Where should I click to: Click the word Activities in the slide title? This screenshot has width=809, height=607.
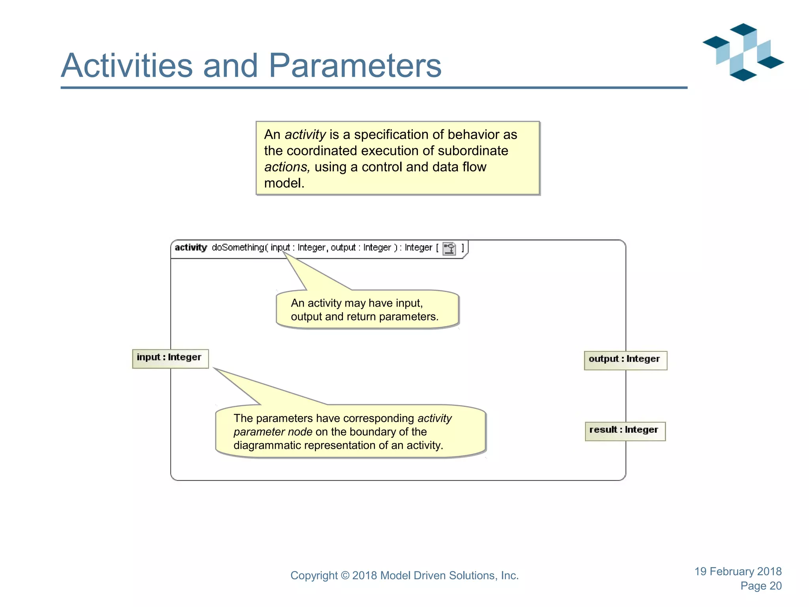coord(126,66)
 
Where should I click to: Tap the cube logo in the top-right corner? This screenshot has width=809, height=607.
coord(743,52)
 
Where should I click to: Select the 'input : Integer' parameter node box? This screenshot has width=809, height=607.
coord(170,358)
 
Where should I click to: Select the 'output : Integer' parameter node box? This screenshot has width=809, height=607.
coord(625,360)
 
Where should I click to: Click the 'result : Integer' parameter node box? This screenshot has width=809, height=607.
coord(625,431)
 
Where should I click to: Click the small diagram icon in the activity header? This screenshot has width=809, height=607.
coord(449,249)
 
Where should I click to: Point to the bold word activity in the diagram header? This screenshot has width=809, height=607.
coord(191,248)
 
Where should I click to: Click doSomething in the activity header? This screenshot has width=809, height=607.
coord(238,248)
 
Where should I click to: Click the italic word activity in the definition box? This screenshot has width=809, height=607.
coord(305,135)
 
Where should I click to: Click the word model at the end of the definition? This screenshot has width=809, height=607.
coord(283,183)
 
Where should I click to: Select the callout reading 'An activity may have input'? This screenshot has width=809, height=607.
coord(367,309)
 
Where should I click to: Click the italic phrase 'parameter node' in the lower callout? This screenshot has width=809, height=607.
coord(273,432)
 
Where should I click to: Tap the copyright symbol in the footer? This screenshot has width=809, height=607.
coord(345,576)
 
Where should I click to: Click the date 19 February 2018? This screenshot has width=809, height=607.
coord(738,571)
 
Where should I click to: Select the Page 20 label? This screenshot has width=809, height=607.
coord(760,586)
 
